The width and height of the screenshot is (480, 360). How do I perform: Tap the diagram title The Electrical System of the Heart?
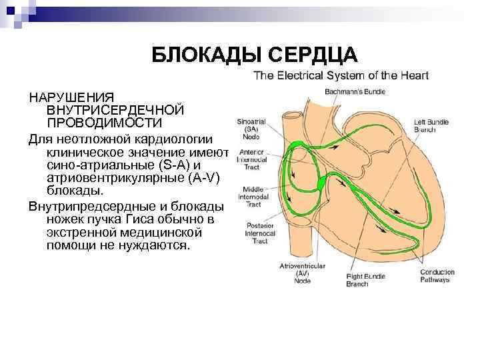341,75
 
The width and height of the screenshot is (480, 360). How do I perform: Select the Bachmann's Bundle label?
355,91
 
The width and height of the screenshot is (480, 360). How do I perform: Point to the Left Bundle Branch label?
431,126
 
